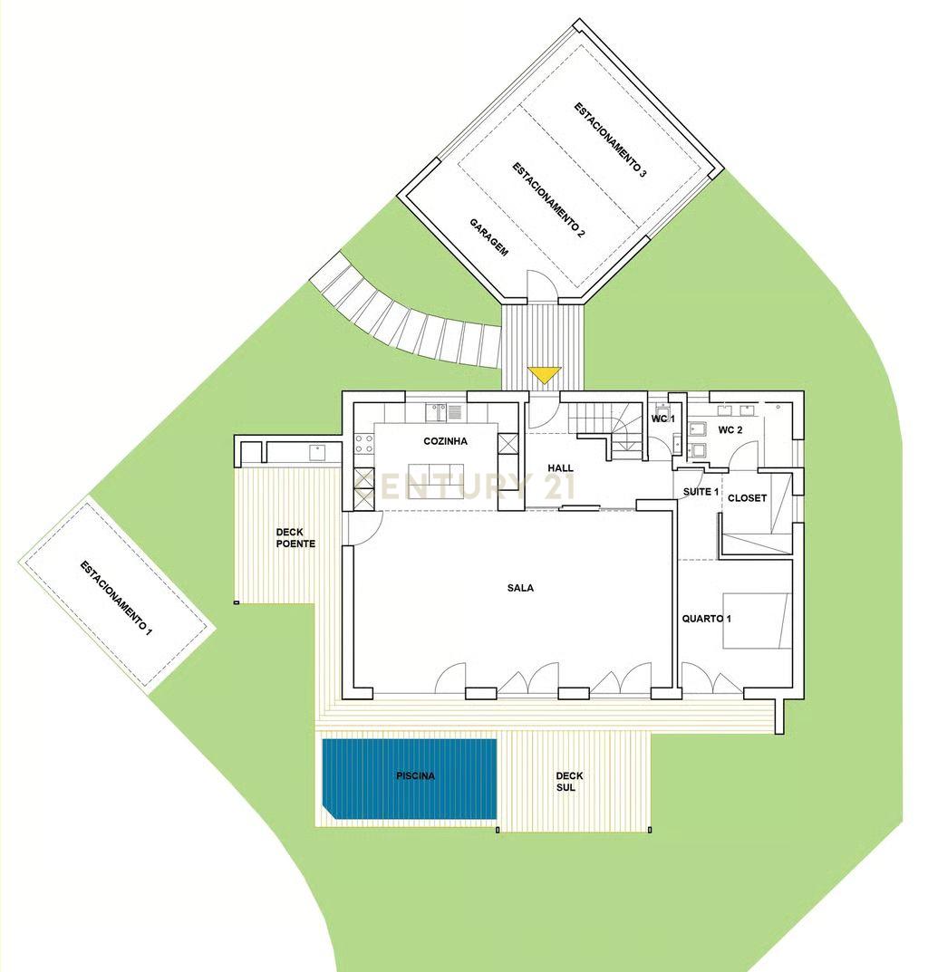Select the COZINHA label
[x=445, y=441]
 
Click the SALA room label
[x=520, y=588]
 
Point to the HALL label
[x=561, y=467]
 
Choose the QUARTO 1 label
[x=706, y=619]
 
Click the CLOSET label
[x=747, y=498]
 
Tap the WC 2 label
[x=730, y=430]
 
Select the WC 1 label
[x=663, y=419]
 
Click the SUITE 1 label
[x=701, y=492]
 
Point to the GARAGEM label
[x=488, y=237]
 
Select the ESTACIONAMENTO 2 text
[x=548, y=199]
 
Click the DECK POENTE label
[x=295, y=538]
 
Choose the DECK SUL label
[x=569, y=782]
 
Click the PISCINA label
[x=415, y=776]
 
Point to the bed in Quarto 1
[x=756, y=621]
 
